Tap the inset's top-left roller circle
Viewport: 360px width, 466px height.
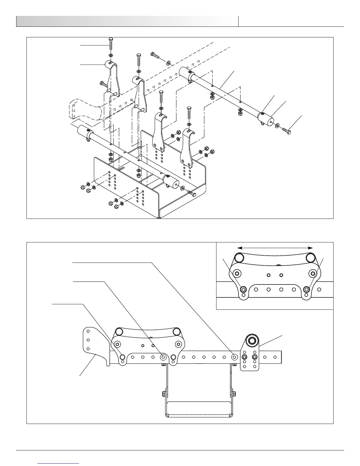239,258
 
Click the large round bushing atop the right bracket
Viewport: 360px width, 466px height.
252,341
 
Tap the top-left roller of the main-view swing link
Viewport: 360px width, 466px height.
119,332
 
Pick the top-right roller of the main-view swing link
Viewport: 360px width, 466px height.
176,332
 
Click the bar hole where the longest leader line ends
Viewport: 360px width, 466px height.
234,357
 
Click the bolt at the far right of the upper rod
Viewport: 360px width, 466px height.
287,131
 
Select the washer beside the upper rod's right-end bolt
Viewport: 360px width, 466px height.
277,126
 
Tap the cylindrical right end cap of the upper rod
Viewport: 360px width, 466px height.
266,119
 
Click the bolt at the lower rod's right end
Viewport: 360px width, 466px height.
191,194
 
